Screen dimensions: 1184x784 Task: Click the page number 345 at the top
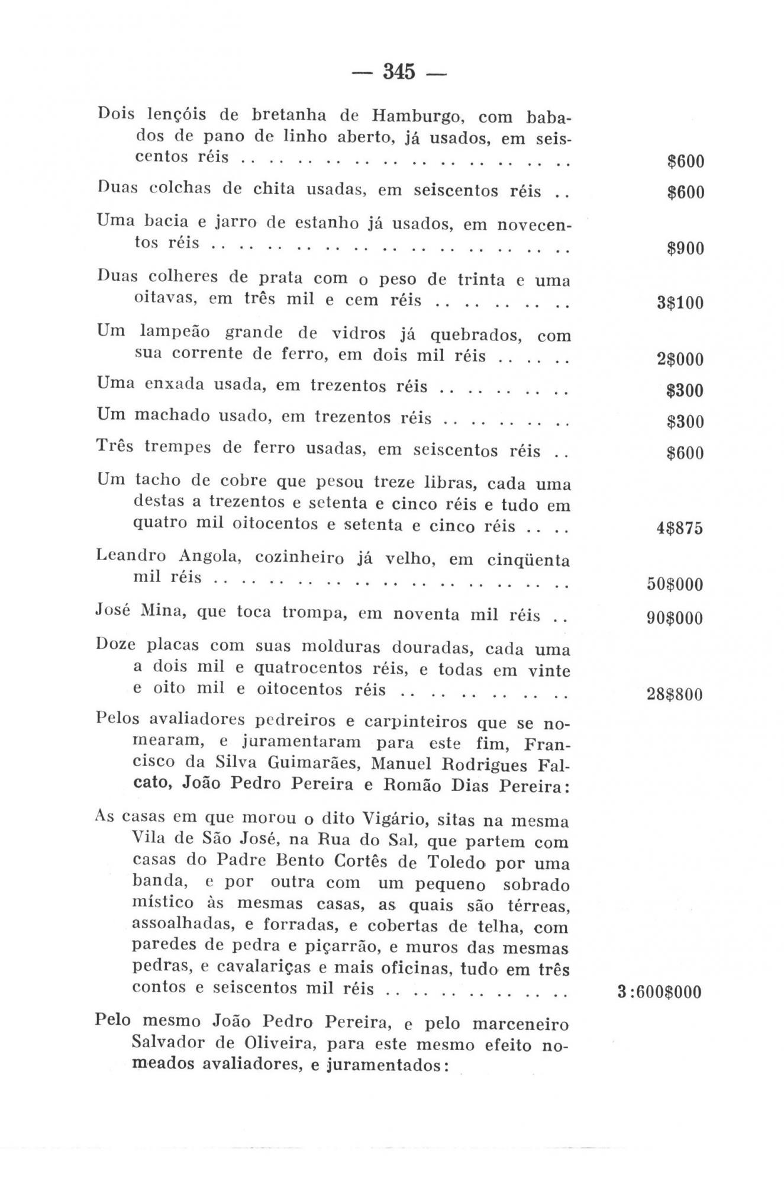[x=399, y=72]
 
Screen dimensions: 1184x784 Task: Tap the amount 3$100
[x=680, y=303]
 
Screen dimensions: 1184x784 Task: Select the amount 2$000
[x=680, y=359]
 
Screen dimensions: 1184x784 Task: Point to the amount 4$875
[x=679, y=528]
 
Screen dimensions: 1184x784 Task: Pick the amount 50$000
[x=675, y=584]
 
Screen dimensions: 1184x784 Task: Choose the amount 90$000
[x=675, y=619]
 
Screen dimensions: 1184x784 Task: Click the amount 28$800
[x=675, y=694]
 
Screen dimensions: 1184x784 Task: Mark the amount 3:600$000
[x=659, y=992]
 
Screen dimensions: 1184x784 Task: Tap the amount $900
[x=685, y=248]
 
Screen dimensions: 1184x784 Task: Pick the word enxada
[x=173, y=384]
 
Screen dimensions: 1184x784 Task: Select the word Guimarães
[x=313, y=763]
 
